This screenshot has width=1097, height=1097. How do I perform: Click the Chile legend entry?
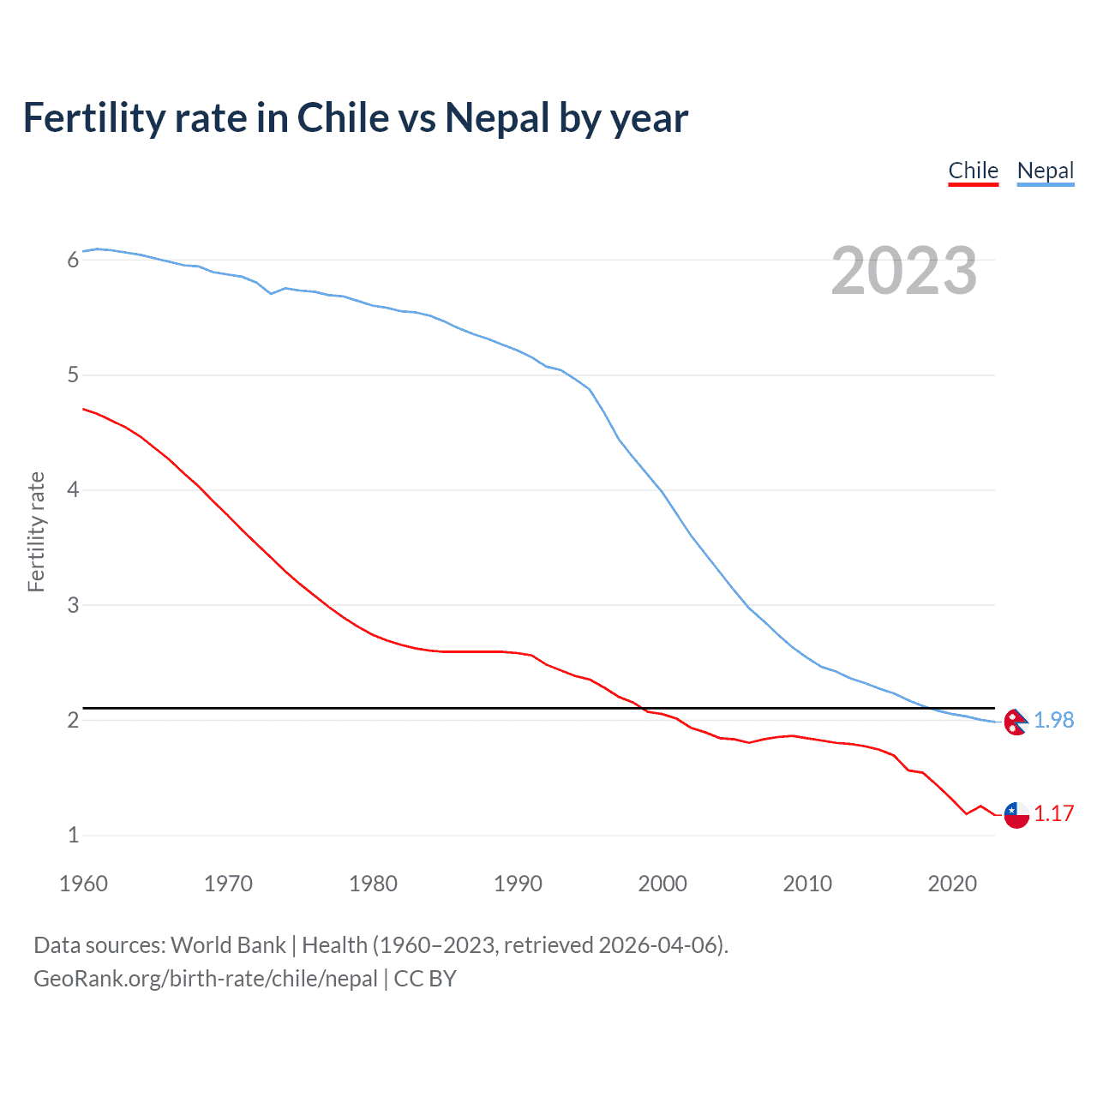(x=973, y=171)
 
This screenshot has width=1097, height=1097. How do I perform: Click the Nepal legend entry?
(x=1045, y=171)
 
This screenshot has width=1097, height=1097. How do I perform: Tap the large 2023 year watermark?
(x=903, y=271)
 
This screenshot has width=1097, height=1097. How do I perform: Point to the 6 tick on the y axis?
(x=73, y=260)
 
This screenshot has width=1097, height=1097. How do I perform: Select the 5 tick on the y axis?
(x=73, y=375)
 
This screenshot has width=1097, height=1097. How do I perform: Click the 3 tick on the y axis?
(x=73, y=605)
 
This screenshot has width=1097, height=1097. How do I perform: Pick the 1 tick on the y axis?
(x=73, y=835)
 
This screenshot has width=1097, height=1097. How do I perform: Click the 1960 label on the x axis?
(x=83, y=884)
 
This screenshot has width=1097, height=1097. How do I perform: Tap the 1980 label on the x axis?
(x=373, y=884)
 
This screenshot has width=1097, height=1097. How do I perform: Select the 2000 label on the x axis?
(x=662, y=884)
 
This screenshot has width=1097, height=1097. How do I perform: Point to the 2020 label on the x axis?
(x=952, y=884)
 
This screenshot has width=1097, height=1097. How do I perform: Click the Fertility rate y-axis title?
(x=36, y=531)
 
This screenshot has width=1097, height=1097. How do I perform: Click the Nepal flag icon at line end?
(x=1016, y=722)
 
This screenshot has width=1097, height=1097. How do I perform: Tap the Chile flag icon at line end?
(x=1016, y=815)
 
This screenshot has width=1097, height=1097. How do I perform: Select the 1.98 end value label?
(x=1053, y=721)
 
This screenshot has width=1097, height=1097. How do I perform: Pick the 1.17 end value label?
(x=1053, y=813)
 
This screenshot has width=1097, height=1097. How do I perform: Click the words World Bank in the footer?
(x=228, y=945)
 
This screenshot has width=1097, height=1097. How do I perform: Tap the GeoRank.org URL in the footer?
(x=206, y=979)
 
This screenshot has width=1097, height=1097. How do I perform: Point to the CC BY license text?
(x=425, y=979)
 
